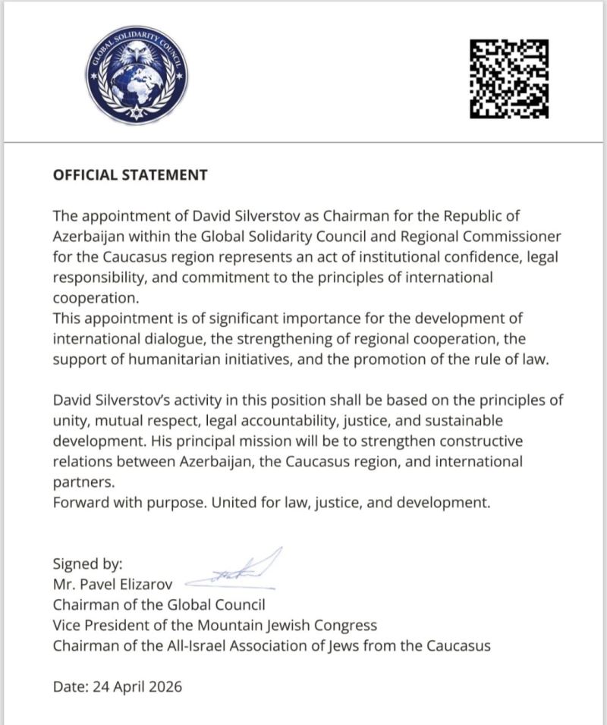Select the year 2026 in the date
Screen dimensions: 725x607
(x=166, y=687)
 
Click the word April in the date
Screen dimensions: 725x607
(x=129, y=687)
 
